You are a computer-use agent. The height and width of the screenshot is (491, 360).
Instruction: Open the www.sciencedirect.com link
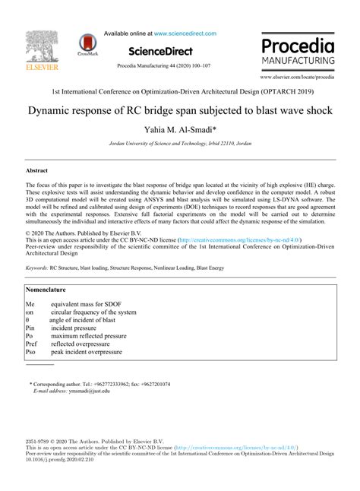click(x=185, y=33)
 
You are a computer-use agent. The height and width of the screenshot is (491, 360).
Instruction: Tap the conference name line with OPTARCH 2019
click(x=180, y=91)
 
